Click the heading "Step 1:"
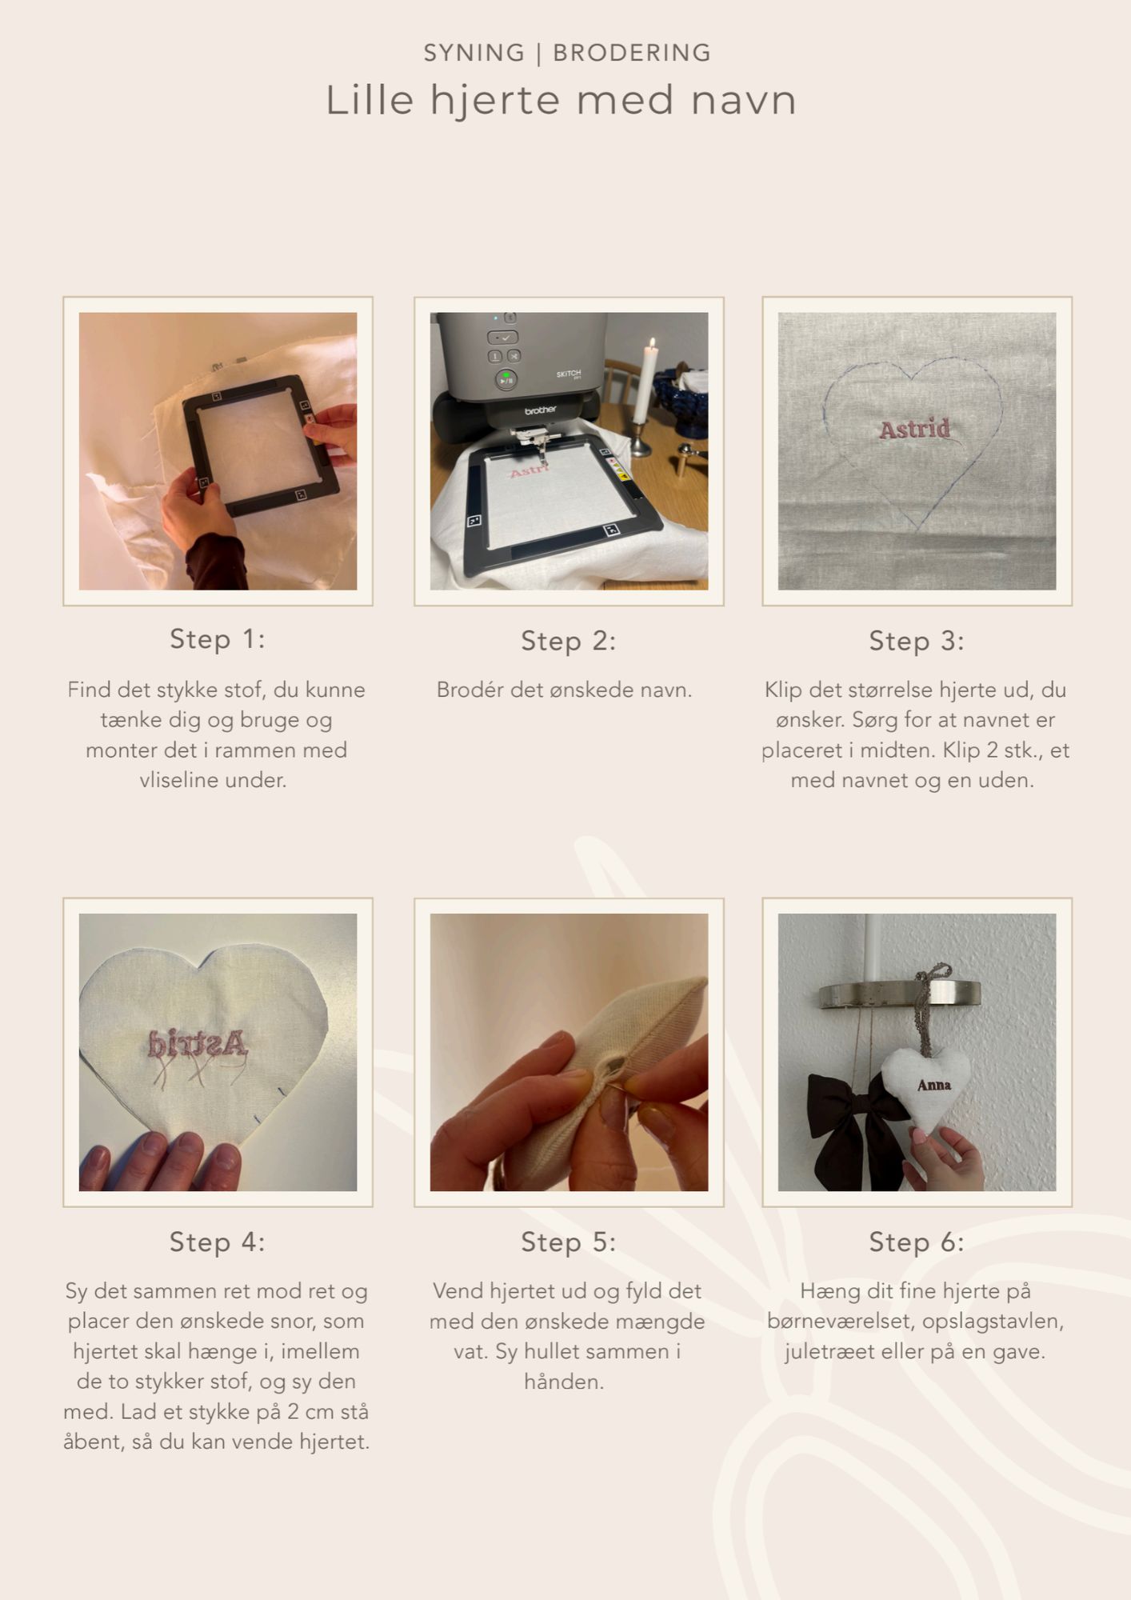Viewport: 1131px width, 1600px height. [x=218, y=639]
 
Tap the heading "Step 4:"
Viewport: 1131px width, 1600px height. [x=218, y=1242]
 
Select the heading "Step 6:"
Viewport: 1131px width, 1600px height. [x=917, y=1242]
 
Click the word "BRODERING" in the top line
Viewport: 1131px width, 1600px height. [x=632, y=53]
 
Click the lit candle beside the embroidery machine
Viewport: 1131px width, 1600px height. [x=640, y=382]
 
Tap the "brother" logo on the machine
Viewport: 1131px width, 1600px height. [x=540, y=410]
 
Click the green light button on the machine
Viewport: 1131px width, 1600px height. [x=506, y=379]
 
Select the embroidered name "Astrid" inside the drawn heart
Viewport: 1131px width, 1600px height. [x=915, y=430]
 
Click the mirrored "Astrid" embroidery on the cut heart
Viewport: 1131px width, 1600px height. [x=198, y=1043]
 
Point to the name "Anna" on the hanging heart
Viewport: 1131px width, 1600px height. [x=934, y=1085]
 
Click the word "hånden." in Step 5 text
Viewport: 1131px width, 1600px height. [x=564, y=1382]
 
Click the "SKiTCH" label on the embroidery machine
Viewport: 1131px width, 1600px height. [x=569, y=374]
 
